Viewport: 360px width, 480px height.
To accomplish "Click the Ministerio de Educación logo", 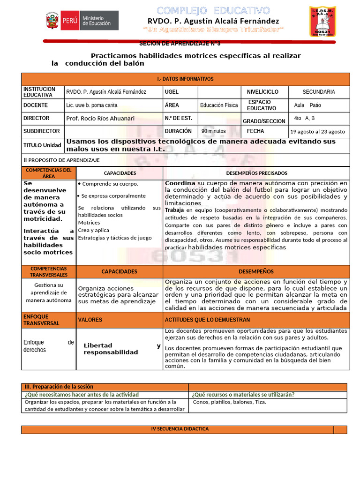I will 82,21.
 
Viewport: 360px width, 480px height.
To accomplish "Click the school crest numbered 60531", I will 322,22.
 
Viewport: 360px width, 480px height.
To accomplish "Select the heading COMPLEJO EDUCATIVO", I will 213,10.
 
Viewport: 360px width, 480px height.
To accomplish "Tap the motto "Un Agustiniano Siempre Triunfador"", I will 213,30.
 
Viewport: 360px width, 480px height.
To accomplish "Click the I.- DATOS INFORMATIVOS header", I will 185,79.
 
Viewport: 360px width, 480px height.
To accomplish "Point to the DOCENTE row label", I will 36,105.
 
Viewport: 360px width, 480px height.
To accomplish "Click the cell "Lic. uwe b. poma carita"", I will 92,105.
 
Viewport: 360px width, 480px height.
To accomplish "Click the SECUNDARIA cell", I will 318,92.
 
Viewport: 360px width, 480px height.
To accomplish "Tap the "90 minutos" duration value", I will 214,132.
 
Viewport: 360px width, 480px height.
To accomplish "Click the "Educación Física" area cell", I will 219,105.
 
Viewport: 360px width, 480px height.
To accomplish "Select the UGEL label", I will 172,92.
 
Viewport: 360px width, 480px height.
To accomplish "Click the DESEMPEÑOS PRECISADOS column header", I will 255,173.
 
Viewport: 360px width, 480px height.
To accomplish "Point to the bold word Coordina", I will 180,183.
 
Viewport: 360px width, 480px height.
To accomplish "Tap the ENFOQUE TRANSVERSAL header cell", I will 42,320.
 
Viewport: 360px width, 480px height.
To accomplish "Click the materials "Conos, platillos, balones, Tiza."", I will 230,402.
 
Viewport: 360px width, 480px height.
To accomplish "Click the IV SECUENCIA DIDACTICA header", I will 180,429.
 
